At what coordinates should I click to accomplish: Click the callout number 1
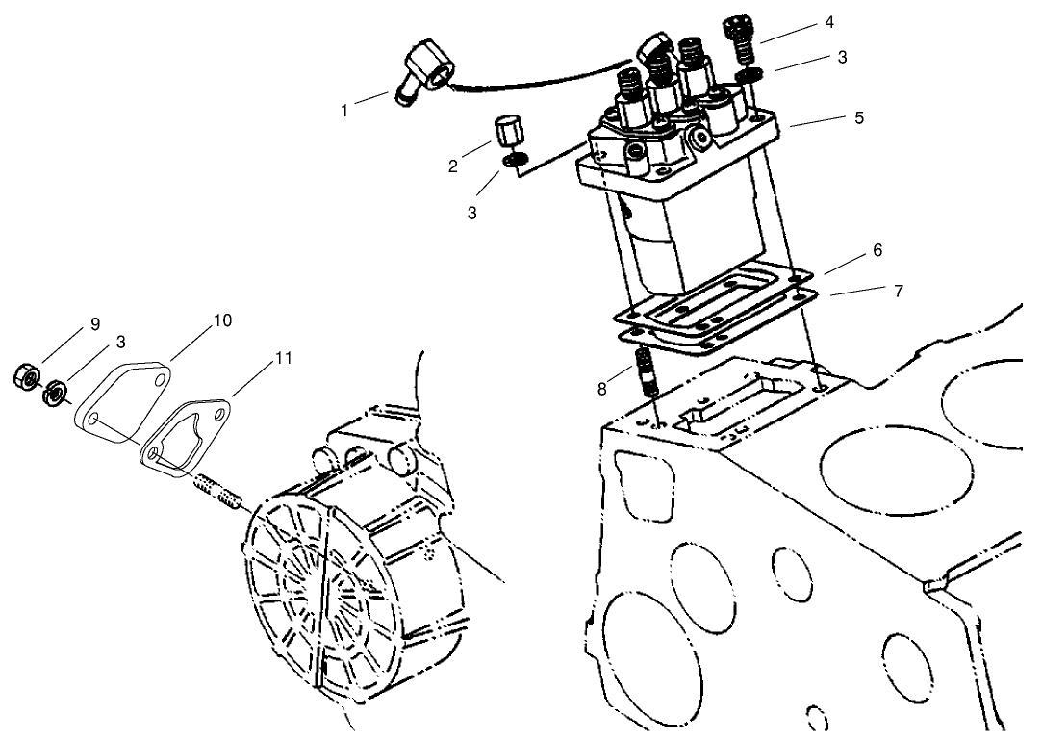click(344, 111)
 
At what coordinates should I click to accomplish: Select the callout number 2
click(452, 166)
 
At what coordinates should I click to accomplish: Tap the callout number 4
click(829, 21)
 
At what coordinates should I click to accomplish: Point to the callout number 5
click(859, 117)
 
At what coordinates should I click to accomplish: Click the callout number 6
click(877, 249)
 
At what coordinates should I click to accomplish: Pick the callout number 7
click(899, 291)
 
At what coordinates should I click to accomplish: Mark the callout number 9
click(94, 324)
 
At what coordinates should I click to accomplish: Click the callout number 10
click(222, 320)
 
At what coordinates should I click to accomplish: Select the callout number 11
click(283, 358)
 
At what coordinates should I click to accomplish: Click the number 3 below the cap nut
click(471, 213)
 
